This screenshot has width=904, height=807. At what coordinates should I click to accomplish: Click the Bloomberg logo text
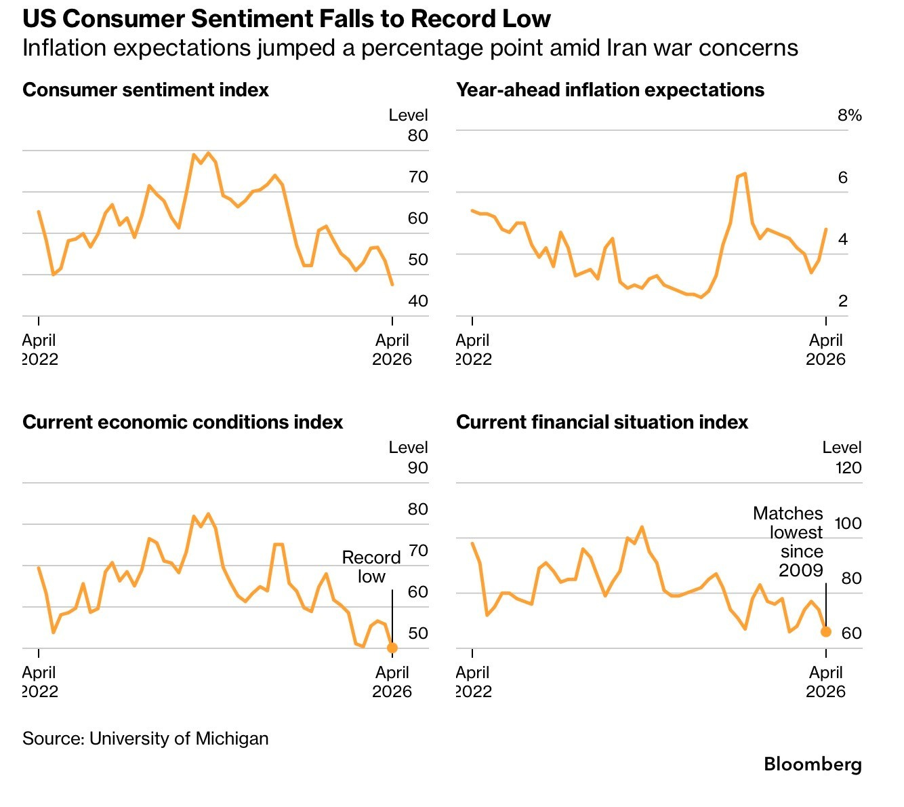813,764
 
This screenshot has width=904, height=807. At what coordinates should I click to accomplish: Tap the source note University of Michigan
145,739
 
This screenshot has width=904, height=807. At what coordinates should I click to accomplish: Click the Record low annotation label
371,567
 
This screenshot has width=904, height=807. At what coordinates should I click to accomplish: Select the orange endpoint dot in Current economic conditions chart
392,648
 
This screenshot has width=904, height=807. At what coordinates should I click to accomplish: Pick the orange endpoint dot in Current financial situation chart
825,632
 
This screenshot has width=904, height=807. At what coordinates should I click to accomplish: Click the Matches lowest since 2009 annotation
789,541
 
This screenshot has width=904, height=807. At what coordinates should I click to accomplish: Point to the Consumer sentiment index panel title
146,90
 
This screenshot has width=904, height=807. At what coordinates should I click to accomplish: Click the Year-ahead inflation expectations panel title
610,90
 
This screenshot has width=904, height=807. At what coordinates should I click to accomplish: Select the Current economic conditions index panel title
183,422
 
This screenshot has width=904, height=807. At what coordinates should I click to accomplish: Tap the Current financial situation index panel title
602,422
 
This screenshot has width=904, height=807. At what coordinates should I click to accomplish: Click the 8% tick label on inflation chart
849,116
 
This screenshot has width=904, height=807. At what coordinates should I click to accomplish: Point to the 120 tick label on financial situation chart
848,468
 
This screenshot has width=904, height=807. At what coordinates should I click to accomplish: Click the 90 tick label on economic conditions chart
417,468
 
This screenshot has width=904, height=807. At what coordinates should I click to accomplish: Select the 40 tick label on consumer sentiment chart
418,301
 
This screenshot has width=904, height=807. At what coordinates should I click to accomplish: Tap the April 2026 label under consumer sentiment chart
392,349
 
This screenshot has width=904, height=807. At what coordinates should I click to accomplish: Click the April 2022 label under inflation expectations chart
473,349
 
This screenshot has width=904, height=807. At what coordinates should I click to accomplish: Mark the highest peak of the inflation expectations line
745,174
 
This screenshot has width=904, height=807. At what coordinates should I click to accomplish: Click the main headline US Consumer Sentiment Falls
287,19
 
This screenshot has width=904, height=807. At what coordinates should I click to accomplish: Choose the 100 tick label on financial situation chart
848,524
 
